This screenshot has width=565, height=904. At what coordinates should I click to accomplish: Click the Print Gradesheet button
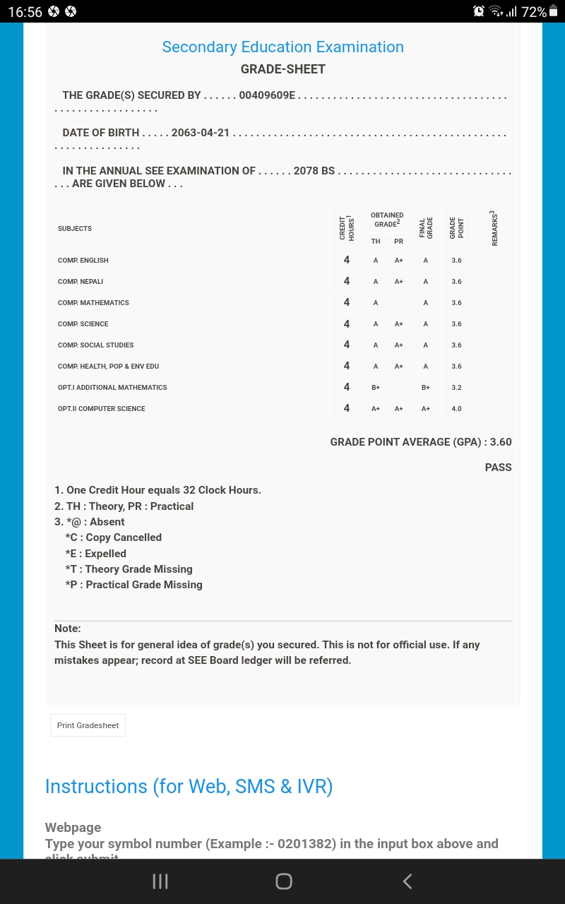tap(88, 725)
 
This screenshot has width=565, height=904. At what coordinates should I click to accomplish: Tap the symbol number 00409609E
tap(267, 95)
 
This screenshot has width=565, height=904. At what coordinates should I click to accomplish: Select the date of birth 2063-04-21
tap(201, 133)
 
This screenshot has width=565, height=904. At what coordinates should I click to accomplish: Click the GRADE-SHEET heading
tap(282, 69)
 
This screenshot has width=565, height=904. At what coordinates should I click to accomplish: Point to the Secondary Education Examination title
tap(282, 47)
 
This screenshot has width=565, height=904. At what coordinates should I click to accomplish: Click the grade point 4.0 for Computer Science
tap(456, 409)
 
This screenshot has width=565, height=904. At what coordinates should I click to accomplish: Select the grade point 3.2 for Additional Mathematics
tap(456, 388)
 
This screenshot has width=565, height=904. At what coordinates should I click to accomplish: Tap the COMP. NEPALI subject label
tap(81, 282)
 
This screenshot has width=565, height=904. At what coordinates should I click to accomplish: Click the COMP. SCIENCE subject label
tap(83, 324)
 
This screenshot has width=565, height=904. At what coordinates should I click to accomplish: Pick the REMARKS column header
tap(494, 228)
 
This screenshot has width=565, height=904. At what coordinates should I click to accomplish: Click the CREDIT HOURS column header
tap(346, 228)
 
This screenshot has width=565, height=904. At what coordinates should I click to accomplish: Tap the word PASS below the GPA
tap(498, 468)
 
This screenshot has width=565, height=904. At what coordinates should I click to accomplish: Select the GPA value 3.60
tap(501, 442)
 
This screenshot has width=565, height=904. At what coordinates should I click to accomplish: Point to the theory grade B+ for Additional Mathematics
tap(376, 388)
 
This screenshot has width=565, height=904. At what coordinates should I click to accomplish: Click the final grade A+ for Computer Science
tap(426, 409)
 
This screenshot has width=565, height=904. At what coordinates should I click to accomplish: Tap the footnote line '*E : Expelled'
tap(95, 554)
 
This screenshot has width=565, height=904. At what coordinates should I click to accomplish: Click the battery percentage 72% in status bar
tap(533, 12)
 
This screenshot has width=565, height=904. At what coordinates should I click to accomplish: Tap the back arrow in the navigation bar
tap(407, 881)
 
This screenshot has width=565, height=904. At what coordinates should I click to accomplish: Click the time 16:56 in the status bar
tap(25, 12)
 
